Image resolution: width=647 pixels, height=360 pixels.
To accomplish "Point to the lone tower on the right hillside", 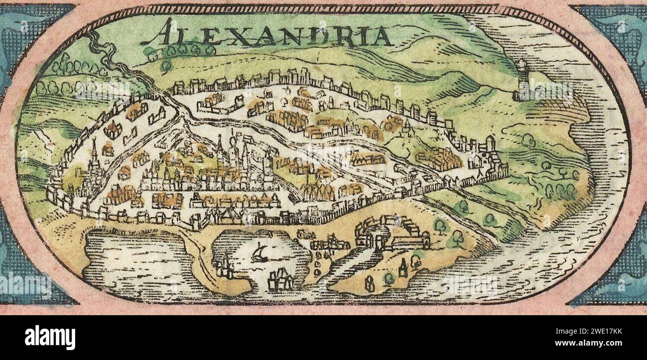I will [x=522, y=81].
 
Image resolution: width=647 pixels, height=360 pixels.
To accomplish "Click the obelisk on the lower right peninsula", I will [x=402, y=268].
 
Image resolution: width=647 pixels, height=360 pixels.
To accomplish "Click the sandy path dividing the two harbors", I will [x=199, y=259].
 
